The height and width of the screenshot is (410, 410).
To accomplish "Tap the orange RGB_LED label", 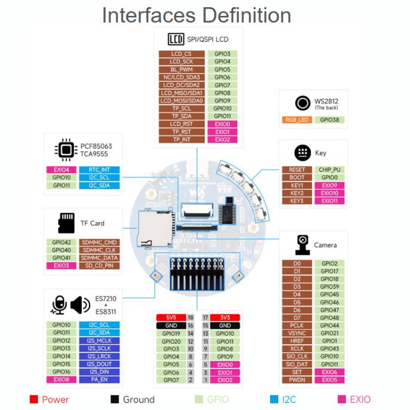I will pos(297,120).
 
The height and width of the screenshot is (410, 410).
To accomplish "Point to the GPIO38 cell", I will pos(329,120).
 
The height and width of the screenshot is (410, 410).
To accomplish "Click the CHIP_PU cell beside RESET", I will pos(329,170).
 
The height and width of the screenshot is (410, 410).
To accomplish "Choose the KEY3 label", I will pos(297,201).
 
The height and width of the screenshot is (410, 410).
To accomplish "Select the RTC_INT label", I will pos(98,170).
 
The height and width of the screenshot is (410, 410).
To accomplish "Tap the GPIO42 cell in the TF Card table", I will pos(61,242).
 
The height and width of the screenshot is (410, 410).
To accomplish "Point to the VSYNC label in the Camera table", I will pos(297,333).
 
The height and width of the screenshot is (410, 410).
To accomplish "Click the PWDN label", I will pos(297,380).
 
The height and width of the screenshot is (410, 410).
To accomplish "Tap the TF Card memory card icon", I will pos(66,224).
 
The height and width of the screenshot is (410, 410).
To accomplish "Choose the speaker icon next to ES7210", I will pos(80,305).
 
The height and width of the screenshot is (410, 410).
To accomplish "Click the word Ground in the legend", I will pos(138,400).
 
